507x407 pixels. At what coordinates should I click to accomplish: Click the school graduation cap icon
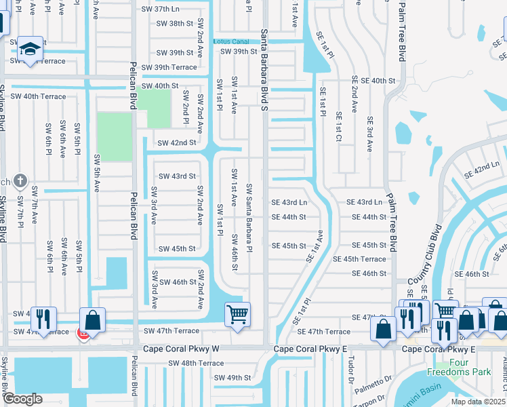coord(30,48)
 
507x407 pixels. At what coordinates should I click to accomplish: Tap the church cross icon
coord(20,181)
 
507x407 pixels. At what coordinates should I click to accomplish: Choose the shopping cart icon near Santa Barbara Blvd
coord(237,314)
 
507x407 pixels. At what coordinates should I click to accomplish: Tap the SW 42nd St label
coord(176,143)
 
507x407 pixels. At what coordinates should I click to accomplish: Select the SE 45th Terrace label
coord(359,259)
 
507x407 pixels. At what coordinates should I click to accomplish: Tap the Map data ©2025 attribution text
coord(477,402)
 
